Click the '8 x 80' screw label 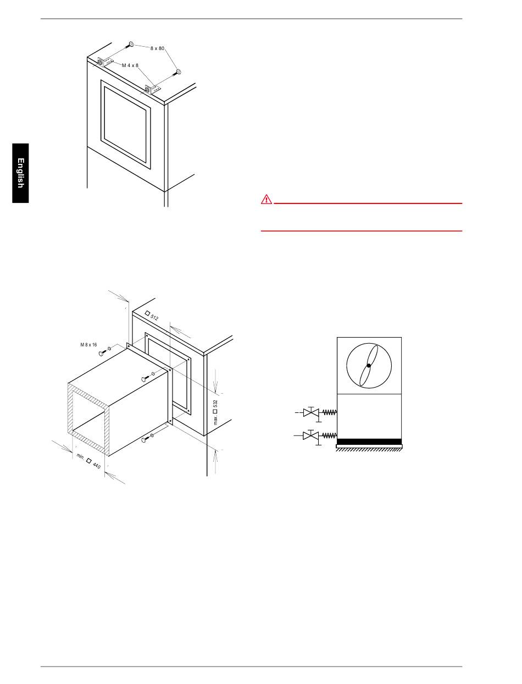coord(157,48)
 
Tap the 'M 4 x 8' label coord(130,65)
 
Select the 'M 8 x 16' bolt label coord(88,345)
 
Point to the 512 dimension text coord(152,316)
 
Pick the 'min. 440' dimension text coord(88,461)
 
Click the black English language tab coord(20,173)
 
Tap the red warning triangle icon coord(266,199)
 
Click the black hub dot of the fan coord(369,366)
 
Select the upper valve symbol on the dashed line coord(311,412)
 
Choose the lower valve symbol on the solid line coord(311,435)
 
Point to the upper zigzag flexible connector coord(329,412)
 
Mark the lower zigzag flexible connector coord(329,435)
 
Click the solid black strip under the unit coord(369,442)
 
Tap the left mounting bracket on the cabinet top coord(105,62)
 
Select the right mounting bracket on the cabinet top coord(153,89)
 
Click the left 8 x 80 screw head coord(131,44)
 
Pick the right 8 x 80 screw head coord(179,72)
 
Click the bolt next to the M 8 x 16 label coord(102,353)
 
